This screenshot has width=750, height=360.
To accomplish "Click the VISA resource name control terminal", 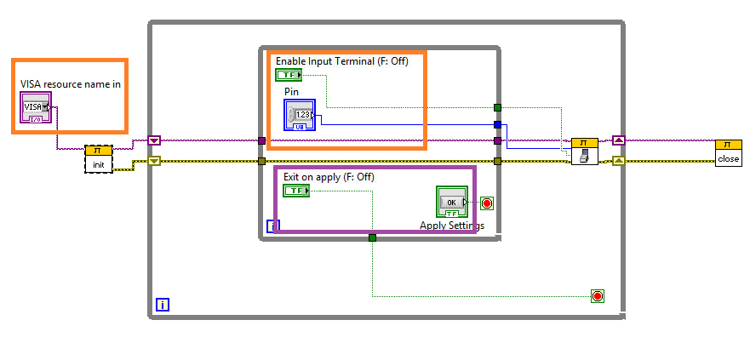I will click(x=36, y=107).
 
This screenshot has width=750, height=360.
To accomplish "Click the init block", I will click(x=99, y=158).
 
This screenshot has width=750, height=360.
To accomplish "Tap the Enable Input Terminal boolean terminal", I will click(x=289, y=75).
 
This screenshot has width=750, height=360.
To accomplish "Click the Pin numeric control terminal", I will click(x=300, y=115).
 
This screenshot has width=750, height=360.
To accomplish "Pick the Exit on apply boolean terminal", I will click(x=296, y=191).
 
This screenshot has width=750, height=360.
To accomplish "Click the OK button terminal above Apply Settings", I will click(x=452, y=203).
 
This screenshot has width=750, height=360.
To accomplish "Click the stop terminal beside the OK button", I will click(x=487, y=203).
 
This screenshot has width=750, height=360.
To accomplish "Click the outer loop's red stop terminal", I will click(x=598, y=296).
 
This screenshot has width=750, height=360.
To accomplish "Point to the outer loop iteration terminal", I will click(x=163, y=304).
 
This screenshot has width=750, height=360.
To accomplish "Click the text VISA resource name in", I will click(x=71, y=84).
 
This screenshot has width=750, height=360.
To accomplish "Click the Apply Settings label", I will click(x=452, y=226).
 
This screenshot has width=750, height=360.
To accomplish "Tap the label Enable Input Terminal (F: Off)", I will click(x=347, y=61).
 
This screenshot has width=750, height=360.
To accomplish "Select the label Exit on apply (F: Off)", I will click(x=329, y=177).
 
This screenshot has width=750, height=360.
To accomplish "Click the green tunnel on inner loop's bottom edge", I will click(x=372, y=237).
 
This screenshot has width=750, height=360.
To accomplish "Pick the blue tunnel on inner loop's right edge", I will click(x=497, y=124).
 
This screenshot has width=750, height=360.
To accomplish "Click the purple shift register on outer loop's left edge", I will click(x=154, y=140).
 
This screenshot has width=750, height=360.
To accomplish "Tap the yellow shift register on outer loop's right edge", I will click(x=619, y=160).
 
